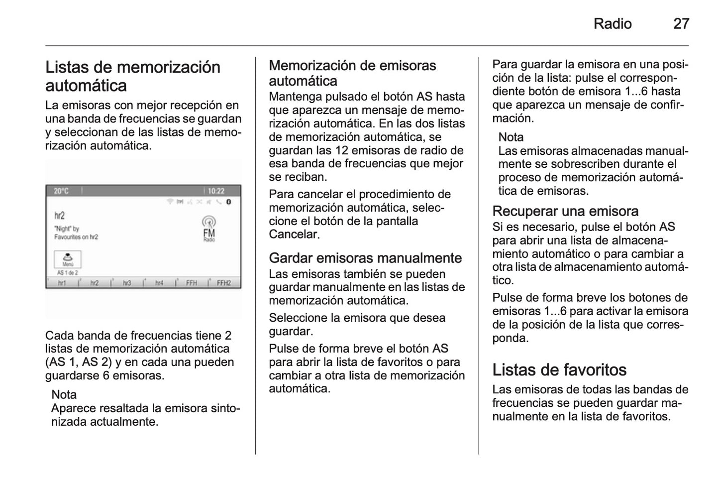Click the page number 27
pyautogui.click(x=681, y=24)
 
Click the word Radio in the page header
pyautogui.click(x=612, y=24)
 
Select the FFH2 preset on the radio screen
pyautogui.click(x=224, y=283)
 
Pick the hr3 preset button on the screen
pyautogui.click(x=126, y=283)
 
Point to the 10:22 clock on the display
pyautogui.click(x=216, y=191)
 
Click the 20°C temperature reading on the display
pyautogui.click(x=61, y=191)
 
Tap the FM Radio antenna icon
pyautogui.click(x=209, y=229)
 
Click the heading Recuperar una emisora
pyautogui.click(x=565, y=211)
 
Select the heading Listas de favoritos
pyautogui.click(x=559, y=370)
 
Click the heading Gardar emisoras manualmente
pyautogui.click(x=365, y=258)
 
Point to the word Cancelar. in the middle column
pyautogui.click(x=294, y=235)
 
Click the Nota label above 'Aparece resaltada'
pyautogui.click(x=64, y=395)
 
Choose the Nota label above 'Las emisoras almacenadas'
pyautogui.click(x=511, y=137)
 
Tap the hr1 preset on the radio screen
pyautogui.click(x=62, y=283)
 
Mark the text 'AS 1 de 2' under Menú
pyautogui.click(x=68, y=273)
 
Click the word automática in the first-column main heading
pyautogui.click(x=86, y=86)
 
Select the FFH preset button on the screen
pyautogui.click(x=192, y=283)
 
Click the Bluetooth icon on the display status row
pyautogui.click(x=229, y=202)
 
